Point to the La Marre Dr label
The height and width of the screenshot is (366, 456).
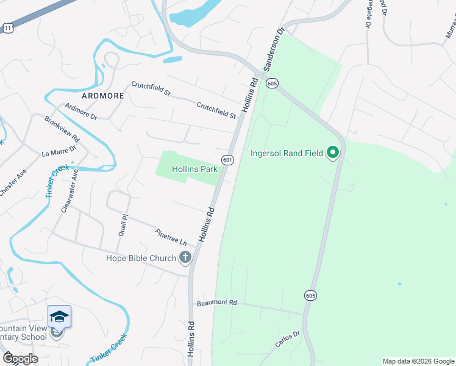59,150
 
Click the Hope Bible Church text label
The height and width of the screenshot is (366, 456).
140,258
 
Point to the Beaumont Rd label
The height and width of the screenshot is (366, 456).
216,303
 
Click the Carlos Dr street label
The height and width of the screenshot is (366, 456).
288,339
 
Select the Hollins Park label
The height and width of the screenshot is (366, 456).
194,168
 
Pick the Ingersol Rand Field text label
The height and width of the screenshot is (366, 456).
287,152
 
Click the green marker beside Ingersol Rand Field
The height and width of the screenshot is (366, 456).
332,152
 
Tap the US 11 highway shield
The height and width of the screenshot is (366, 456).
7,29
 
